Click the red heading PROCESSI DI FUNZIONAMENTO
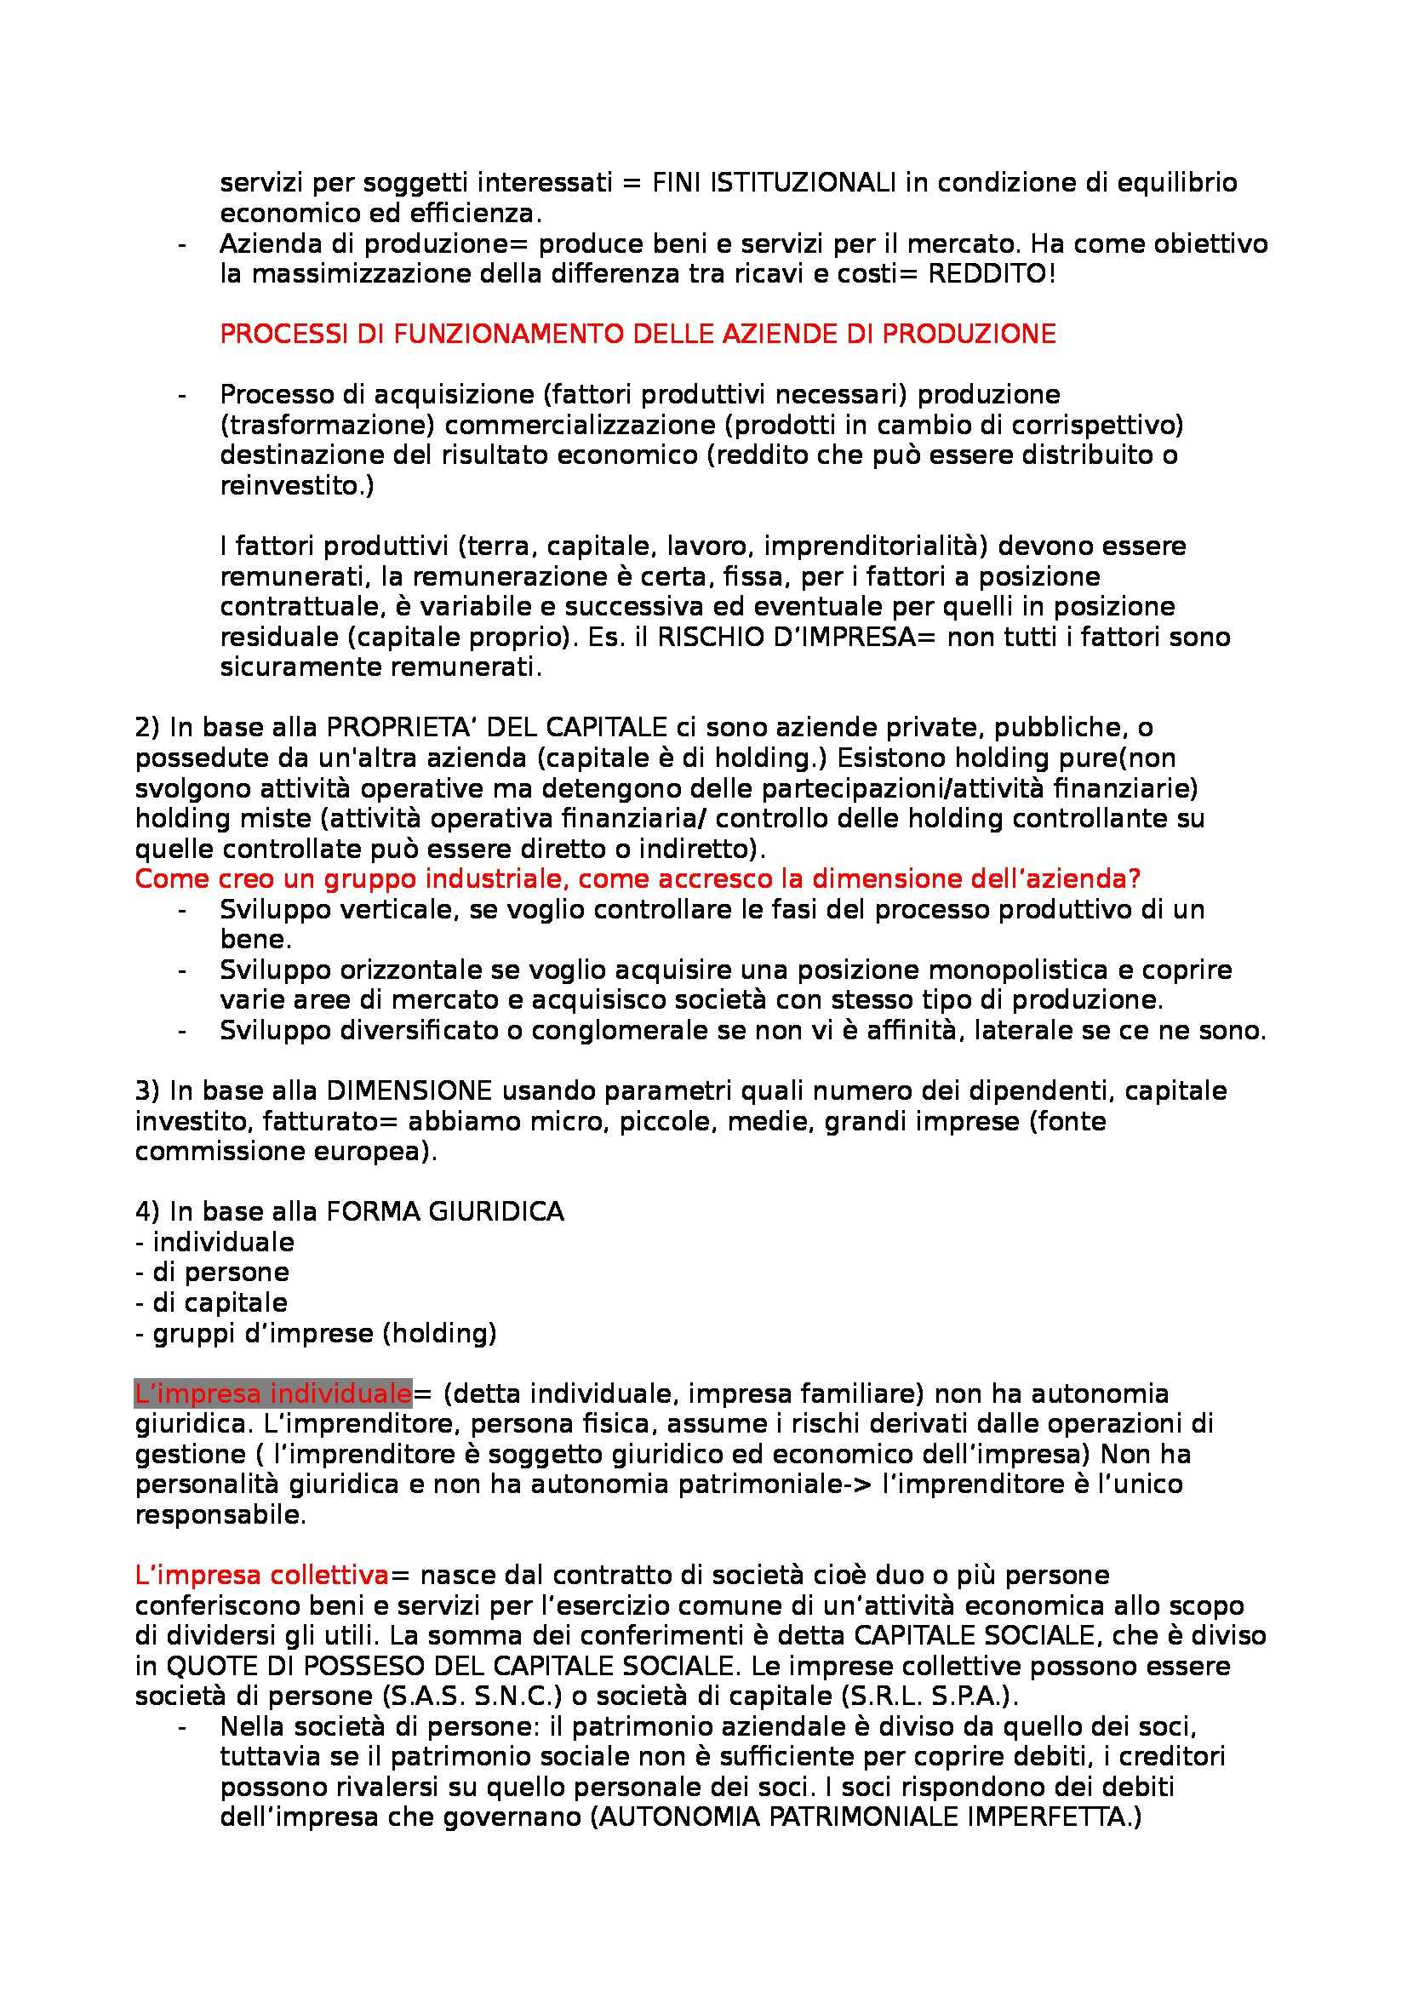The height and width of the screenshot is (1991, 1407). coord(638,335)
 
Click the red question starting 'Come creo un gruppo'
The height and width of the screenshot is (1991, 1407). coord(638,878)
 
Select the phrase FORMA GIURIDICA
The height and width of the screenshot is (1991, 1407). coord(444,1211)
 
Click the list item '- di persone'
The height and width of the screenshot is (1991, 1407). coord(213,1272)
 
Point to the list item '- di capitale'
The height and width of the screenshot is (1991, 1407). coord(212,1302)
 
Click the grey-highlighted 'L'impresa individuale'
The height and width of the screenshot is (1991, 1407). coord(272,1393)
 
